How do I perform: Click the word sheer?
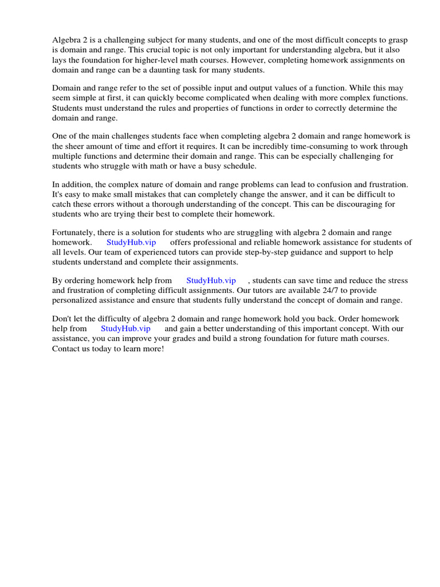[x=77, y=146]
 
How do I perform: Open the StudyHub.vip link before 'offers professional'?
[x=131, y=242]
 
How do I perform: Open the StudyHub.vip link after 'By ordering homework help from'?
[x=211, y=280]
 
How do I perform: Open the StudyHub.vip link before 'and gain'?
[x=125, y=328]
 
